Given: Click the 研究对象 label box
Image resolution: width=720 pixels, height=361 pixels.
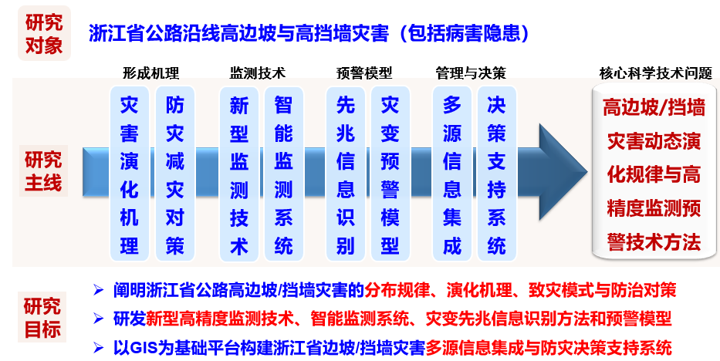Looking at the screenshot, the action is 44,33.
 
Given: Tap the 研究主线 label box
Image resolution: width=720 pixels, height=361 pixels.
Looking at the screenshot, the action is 43,170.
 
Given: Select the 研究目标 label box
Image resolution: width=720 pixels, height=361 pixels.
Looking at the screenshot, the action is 42,317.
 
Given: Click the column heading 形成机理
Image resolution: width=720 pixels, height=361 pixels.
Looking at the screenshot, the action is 150,73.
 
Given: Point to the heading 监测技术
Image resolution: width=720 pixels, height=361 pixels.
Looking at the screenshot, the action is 258,73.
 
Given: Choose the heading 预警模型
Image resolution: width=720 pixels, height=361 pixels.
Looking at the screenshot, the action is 364,73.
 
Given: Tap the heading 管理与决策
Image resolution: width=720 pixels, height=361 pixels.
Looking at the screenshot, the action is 471,73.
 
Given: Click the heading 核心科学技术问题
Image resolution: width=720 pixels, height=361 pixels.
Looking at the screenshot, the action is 656,73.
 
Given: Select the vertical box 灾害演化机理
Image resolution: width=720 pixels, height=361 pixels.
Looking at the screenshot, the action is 130,174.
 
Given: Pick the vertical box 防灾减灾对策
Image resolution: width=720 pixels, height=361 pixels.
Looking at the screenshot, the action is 174,174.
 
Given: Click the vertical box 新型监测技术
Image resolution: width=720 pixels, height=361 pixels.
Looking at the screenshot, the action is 238,174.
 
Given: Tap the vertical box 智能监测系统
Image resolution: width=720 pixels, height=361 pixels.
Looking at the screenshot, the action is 284,174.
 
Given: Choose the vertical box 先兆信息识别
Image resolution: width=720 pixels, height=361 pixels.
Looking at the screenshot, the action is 345,174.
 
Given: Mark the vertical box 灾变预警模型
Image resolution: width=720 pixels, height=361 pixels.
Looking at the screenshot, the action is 390,174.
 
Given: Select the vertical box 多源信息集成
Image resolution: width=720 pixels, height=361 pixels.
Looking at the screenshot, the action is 452,174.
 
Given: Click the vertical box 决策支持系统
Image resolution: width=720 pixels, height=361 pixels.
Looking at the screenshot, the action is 497,174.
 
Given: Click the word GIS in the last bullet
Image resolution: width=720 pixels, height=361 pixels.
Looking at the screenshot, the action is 140,348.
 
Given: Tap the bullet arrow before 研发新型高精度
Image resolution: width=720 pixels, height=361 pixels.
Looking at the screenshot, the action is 98,319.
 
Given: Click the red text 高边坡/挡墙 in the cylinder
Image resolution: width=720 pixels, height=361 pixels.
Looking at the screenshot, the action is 654,107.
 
